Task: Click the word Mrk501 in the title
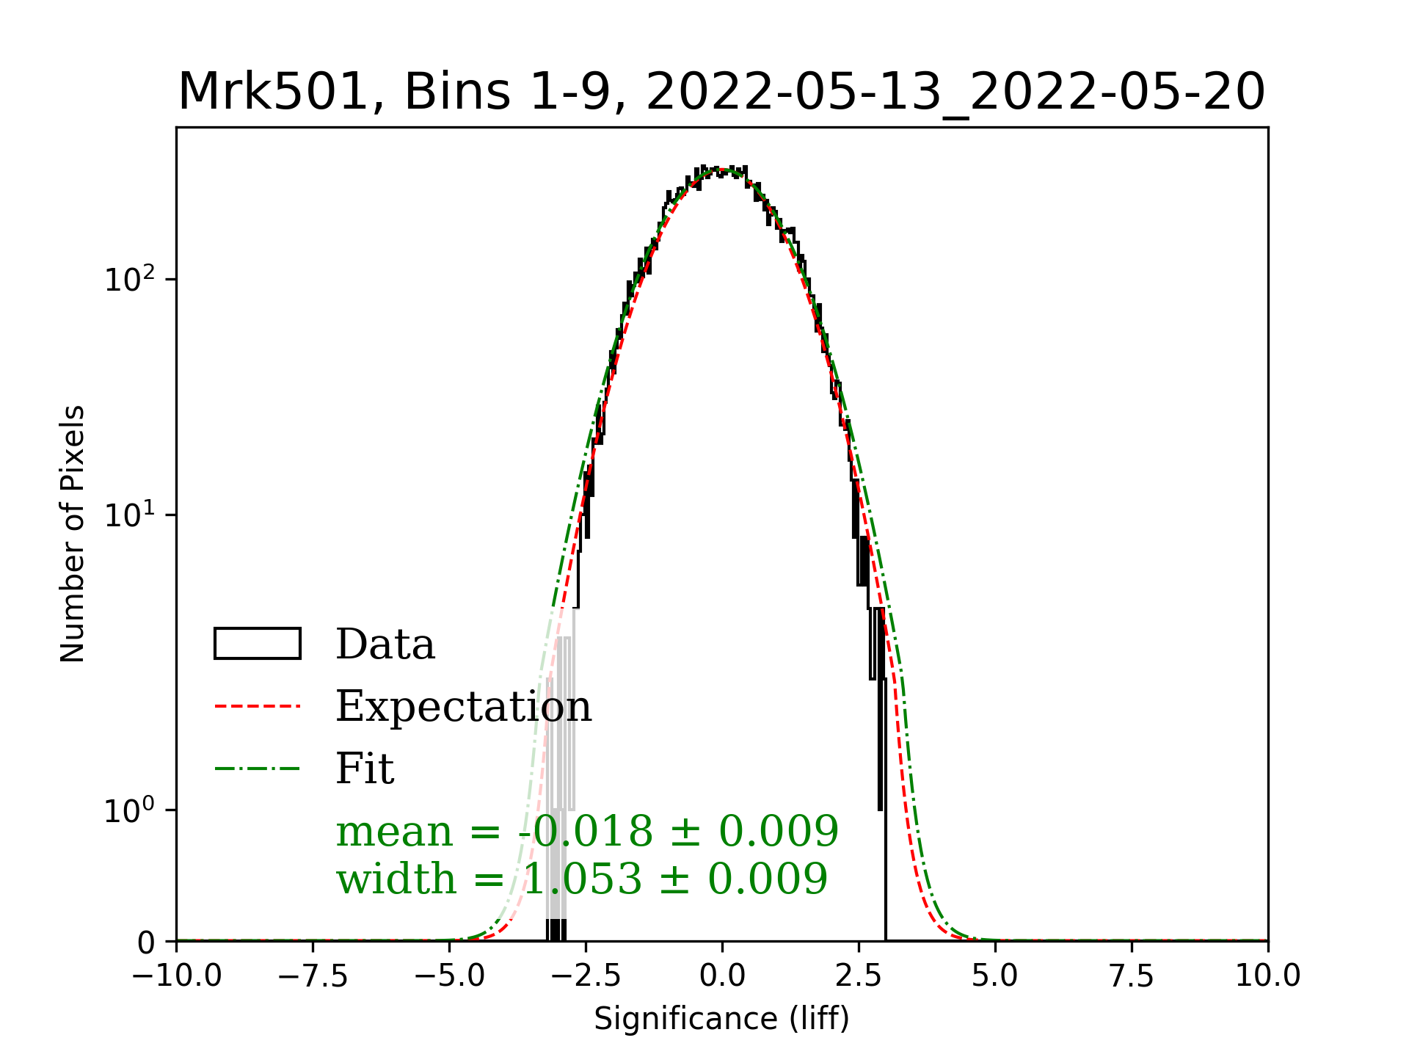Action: pos(272,92)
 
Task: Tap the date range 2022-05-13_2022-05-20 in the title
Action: pos(955,92)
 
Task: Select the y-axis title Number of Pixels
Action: pos(73,534)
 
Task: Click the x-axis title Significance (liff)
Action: pos(721,1019)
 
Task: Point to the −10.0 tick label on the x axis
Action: pos(177,976)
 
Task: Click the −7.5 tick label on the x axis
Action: pos(313,976)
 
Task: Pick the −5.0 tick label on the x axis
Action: pos(449,976)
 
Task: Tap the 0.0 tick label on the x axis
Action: pos(722,976)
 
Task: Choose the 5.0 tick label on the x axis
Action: pos(995,976)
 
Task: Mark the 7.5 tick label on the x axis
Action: pos(1132,976)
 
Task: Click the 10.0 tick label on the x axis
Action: pos(1268,976)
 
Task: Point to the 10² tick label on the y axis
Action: pos(130,279)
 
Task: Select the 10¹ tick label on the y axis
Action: pos(130,515)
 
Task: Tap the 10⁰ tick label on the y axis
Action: pos(130,810)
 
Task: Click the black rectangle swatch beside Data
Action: pos(257,644)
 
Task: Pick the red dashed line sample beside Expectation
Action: pos(257,706)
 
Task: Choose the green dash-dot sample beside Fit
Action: pos(257,769)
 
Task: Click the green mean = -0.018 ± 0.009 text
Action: pos(587,832)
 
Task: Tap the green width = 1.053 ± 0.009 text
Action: pos(582,879)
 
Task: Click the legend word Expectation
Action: pos(464,706)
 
